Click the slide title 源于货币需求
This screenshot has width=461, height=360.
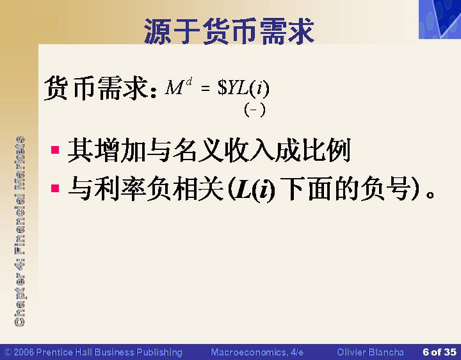click(x=229, y=31)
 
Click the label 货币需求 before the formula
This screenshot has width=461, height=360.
click(x=96, y=88)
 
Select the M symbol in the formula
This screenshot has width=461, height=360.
click(x=174, y=88)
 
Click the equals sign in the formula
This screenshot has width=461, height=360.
click(x=206, y=88)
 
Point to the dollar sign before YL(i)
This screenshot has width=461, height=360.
click(x=222, y=87)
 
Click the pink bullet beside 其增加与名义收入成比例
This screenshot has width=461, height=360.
click(x=55, y=150)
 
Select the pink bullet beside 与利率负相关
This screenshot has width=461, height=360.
click(x=55, y=188)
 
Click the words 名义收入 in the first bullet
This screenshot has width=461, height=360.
click(x=223, y=151)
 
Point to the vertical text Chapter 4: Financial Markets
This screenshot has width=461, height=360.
click(x=19, y=231)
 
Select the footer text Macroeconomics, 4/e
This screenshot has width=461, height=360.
click(x=257, y=352)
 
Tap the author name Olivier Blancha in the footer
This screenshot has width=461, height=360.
click(x=370, y=352)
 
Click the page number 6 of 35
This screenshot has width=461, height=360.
click(x=439, y=352)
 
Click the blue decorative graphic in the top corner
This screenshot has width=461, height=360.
click(x=440, y=19)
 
